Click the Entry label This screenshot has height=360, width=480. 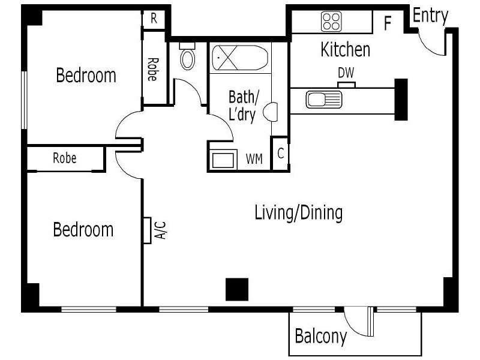coord(430,16)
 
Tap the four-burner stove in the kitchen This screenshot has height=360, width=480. coord(331,22)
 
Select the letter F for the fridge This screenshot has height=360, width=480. coord(388,24)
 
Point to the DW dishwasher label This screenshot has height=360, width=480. coord(346,73)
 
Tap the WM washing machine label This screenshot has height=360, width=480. coord(254,159)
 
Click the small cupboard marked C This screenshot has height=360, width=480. coord(280,154)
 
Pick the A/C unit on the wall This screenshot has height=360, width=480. coord(147,230)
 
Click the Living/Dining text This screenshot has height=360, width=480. coord(298,212)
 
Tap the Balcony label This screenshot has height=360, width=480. coord(320,337)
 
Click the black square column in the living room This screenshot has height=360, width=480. coord(236,289)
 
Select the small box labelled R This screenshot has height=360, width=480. coord(154,19)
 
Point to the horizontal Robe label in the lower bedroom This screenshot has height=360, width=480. coord(65,158)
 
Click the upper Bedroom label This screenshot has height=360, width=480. coord(86,76)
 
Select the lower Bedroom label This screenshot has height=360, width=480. coord(83,229)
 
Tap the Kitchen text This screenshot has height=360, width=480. coord(345,49)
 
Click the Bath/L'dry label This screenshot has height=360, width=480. coord(244,106)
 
